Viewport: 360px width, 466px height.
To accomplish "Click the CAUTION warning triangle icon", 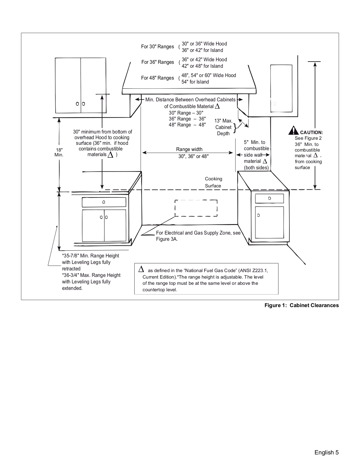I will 293,131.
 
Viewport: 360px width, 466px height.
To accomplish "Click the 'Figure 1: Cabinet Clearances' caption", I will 301,305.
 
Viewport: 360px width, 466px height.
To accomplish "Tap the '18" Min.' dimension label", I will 59,152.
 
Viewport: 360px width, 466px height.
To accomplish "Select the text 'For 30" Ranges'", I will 157,47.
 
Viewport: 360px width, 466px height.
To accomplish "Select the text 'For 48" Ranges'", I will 157,78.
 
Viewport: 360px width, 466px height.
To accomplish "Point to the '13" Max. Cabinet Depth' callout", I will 223,127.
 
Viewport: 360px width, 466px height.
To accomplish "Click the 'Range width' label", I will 189,149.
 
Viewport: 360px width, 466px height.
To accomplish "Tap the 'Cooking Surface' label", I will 213,182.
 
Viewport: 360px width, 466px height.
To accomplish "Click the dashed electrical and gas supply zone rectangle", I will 196,208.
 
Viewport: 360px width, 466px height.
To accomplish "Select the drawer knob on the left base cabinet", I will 104,202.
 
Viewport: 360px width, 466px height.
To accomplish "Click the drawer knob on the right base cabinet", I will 269,198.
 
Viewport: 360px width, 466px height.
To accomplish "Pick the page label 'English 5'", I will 326,452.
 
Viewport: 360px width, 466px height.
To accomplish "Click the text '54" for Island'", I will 195,82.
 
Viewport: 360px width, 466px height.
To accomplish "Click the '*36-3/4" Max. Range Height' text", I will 91,275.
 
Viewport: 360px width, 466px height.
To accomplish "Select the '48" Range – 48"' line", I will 187,125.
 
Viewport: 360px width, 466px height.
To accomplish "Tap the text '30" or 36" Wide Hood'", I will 204,44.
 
